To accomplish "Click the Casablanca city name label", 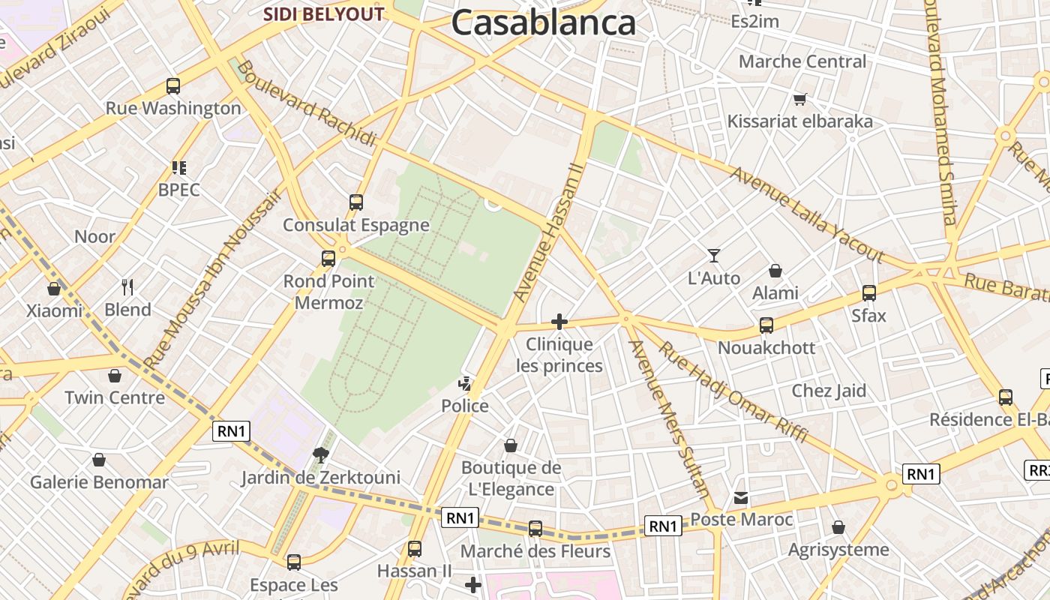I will (543, 22).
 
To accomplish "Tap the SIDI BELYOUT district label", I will (323, 14).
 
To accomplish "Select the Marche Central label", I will (802, 61).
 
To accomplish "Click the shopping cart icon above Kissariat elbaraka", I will (800, 99).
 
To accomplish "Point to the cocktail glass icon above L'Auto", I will (714, 256).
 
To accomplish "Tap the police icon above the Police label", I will (466, 385).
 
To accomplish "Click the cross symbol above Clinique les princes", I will (559, 322).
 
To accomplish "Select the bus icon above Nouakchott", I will (766, 325).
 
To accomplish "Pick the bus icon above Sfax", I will (868, 293).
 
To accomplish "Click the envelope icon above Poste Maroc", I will (741, 498).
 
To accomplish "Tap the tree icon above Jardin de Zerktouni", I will (320, 454).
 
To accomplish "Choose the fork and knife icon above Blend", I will (127, 286).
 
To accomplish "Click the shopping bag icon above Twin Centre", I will (115, 375).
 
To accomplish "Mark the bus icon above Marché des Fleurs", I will (535, 529).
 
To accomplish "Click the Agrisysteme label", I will (838, 550).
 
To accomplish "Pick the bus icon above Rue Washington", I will (173, 86).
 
